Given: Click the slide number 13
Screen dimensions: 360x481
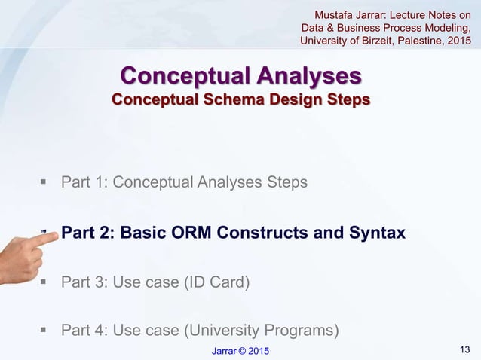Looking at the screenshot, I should tap(464, 347).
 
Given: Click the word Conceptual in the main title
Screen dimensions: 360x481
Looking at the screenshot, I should tap(184, 77).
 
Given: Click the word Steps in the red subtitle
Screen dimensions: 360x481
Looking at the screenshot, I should tap(345, 100).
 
